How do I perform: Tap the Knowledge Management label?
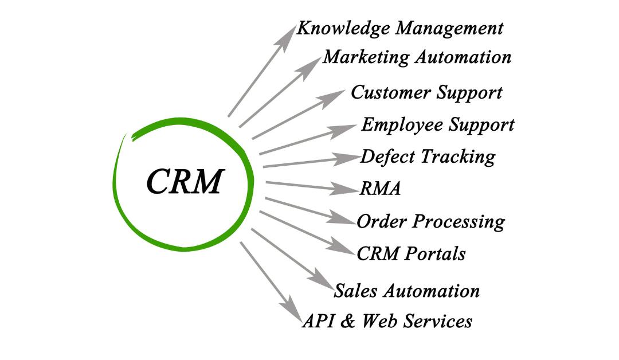tap(400, 29)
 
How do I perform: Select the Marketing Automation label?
tap(417, 57)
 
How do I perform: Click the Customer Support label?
tap(426, 92)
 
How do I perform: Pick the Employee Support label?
tap(437, 124)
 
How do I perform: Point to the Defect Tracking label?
tap(428, 156)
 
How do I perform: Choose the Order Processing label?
tap(430, 221)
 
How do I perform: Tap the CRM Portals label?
tap(411, 253)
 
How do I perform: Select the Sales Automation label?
tap(406, 291)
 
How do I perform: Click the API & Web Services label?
tap(387, 321)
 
